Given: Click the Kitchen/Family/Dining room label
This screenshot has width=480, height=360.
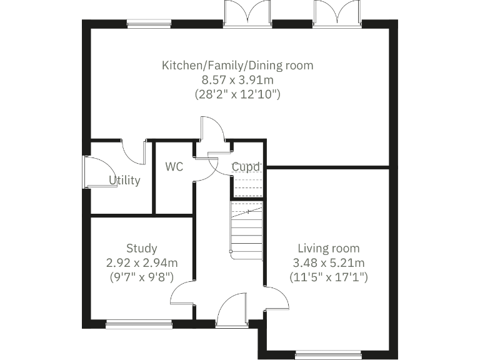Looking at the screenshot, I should [x=237, y=65].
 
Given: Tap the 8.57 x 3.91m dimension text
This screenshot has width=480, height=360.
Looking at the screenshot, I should [x=237, y=80].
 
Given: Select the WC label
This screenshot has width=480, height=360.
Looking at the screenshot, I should [x=174, y=167].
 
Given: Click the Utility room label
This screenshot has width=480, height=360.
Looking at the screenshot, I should [x=124, y=181].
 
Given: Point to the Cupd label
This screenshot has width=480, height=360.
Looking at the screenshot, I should [x=246, y=167].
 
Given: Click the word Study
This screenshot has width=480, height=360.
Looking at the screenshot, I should [x=141, y=248].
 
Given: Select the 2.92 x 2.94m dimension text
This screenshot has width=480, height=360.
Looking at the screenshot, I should [x=141, y=262].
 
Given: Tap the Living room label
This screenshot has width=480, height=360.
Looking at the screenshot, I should [x=329, y=248].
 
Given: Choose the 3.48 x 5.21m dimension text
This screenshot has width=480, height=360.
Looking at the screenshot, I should [x=329, y=262].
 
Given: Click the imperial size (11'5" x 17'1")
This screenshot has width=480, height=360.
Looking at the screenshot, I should [x=329, y=276].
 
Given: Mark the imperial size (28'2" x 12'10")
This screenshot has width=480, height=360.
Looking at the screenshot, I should [x=237, y=95].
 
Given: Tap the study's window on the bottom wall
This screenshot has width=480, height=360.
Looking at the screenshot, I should [x=139, y=324].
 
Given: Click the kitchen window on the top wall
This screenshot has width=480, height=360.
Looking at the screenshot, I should [x=149, y=24].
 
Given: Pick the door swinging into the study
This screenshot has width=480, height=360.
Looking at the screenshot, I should [x=183, y=294].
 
